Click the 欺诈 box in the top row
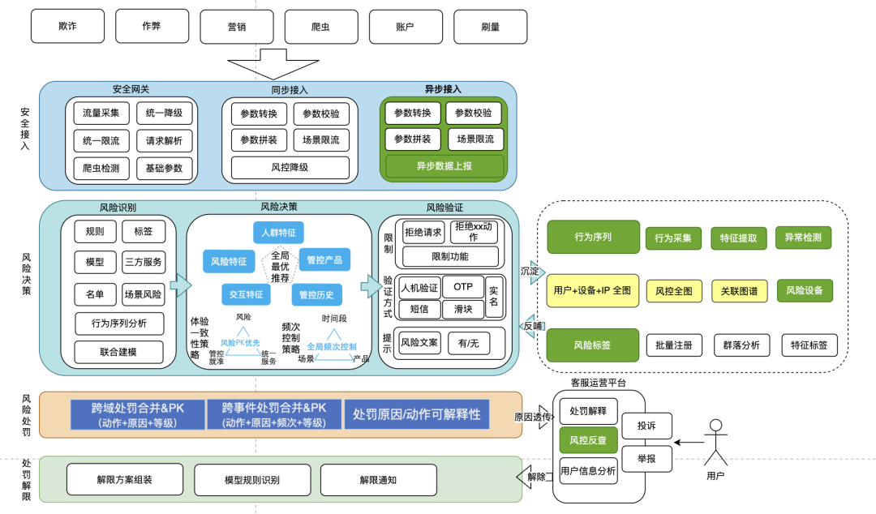[x=68, y=27]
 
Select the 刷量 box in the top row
[x=490, y=27]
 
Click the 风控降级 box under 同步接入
[x=290, y=168]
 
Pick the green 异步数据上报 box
[x=444, y=166]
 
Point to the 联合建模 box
[x=118, y=352]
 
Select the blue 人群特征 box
[x=278, y=233]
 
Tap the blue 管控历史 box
[x=320, y=294]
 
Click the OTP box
[x=463, y=287]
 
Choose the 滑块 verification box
[x=463, y=308]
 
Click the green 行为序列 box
[x=593, y=237]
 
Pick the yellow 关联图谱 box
[x=740, y=290]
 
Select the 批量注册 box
[x=673, y=345]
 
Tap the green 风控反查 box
[x=589, y=440]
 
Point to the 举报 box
[x=646, y=458]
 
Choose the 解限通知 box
[x=378, y=479]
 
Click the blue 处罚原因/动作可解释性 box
[x=416, y=414]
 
